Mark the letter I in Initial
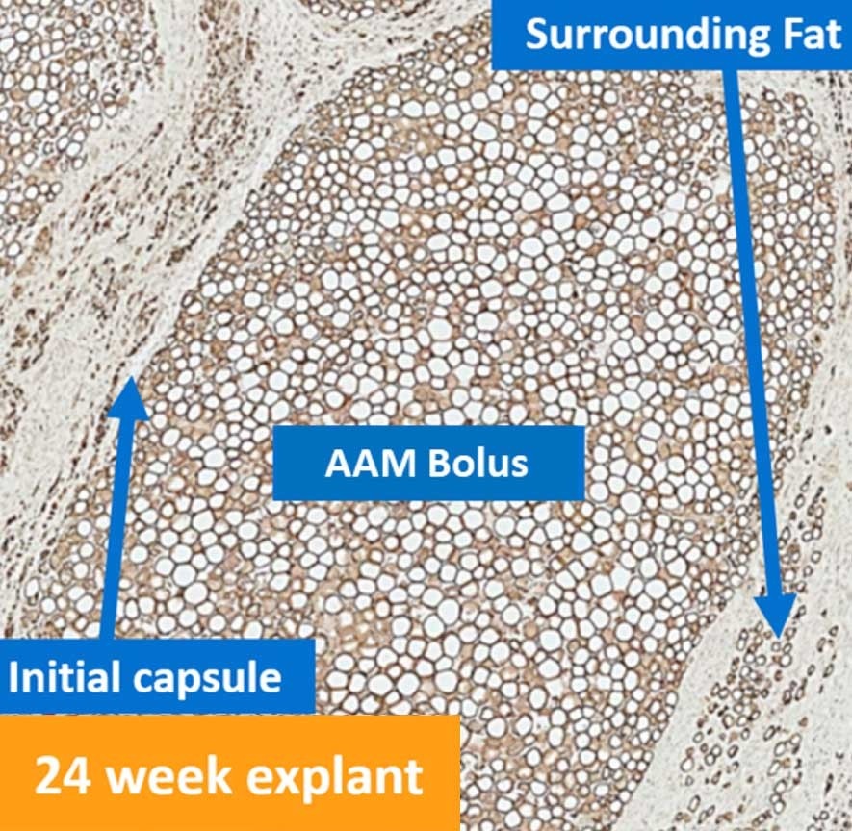(14, 678)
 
